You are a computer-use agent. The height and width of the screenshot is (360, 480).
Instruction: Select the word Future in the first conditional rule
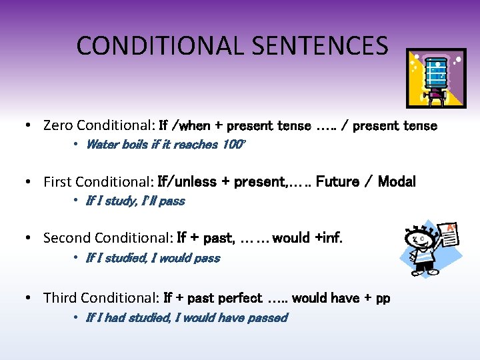(x=339, y=181)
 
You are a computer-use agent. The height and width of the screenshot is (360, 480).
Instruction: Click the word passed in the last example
(x=267, y=318)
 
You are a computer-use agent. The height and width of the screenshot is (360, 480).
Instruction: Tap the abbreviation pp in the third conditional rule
(x=383, y=299)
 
